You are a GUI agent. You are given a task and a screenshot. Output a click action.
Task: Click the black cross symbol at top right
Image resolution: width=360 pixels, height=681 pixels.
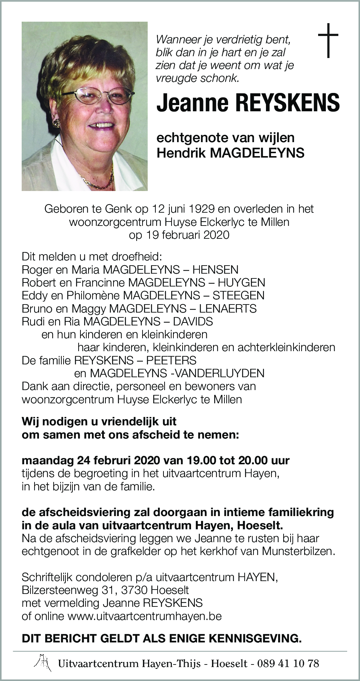328,40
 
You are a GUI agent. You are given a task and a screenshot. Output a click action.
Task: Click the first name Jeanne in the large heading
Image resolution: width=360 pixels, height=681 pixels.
192,103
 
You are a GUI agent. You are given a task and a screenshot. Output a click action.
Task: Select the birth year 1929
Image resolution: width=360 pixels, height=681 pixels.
202,209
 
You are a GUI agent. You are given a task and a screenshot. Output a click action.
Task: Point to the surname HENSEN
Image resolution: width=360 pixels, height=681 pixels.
215,270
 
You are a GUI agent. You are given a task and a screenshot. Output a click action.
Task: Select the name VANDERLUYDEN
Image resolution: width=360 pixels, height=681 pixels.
220,373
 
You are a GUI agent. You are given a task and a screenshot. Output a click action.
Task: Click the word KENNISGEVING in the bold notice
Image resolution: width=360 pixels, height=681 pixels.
255,639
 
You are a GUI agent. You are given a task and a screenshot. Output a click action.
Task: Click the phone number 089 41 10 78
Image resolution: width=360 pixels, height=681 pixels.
288,663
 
